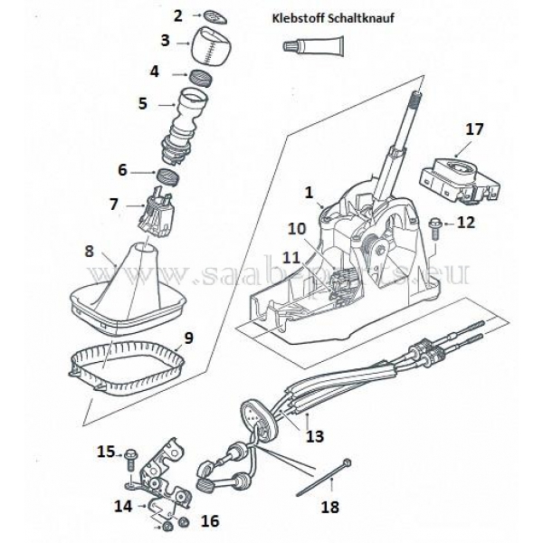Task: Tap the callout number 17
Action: (x=474, y=129)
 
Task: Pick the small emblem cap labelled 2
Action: (x=214, y=14)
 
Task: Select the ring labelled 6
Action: (x=167, y=173)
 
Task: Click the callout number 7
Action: (x=113, y=205)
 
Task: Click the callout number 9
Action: (x=188, y=338)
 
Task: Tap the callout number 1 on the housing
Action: (x=309, y=192)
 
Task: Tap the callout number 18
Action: (x=330, y=507)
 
